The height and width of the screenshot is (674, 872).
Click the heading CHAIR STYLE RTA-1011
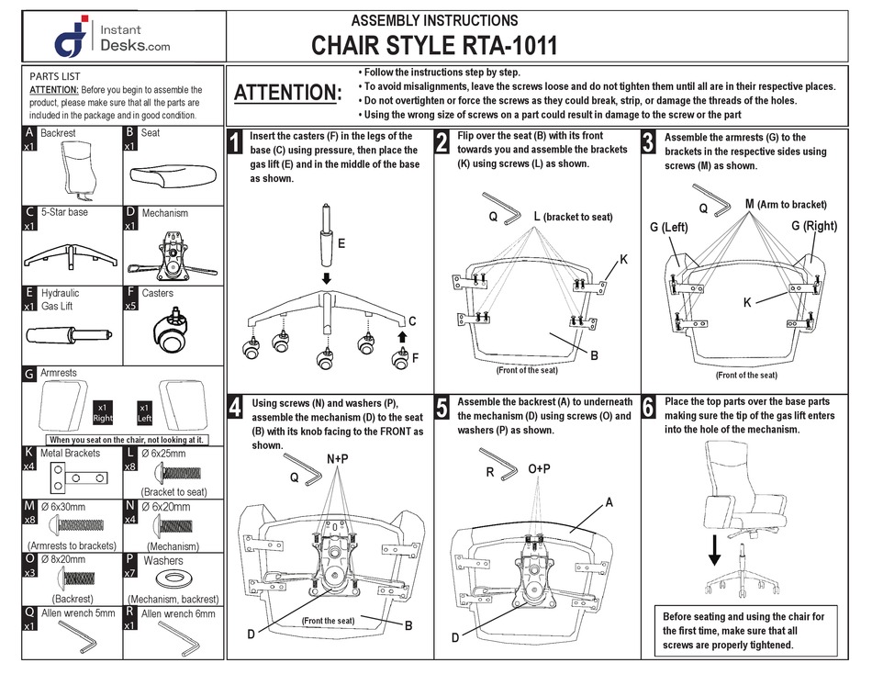tap(434, 46)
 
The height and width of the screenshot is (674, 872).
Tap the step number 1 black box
tap(236, 142)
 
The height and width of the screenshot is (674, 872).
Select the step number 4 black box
tap(236, 408)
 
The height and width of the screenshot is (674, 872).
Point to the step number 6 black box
tap(648, 408)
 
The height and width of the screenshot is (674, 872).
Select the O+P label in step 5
tap(540, 468)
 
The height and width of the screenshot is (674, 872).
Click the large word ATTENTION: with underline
tap(287, 93)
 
